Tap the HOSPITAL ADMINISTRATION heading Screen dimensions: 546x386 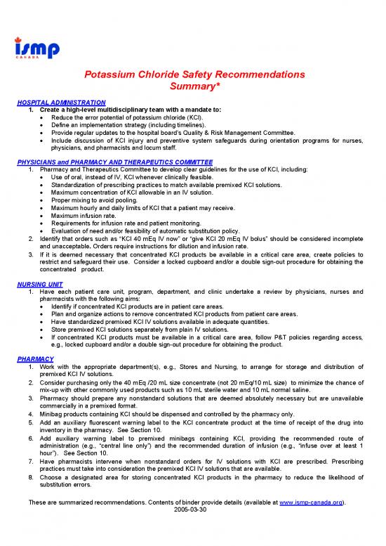[x=60, y=103]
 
